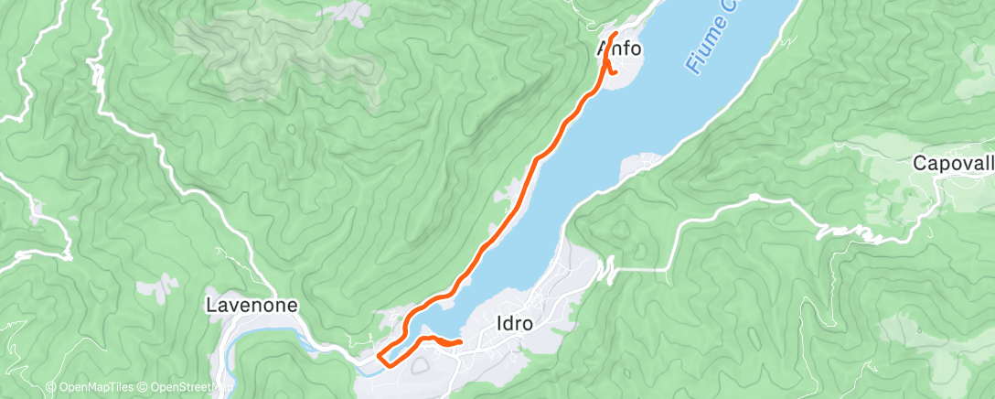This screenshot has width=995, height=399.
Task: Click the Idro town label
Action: tap(513, 323)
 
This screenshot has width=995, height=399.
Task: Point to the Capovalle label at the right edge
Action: tap(954, 164)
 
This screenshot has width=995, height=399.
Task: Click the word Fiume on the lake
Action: tap(704, 51)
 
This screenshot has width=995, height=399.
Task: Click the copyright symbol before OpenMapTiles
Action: tap(50, 387)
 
